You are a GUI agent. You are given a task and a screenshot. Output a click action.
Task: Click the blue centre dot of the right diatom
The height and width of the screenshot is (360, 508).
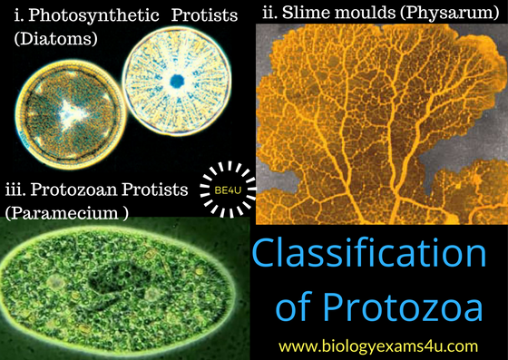(x=178, y=81)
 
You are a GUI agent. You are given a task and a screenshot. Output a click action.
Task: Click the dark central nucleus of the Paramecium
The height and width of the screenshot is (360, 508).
(x=117, y=290)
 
